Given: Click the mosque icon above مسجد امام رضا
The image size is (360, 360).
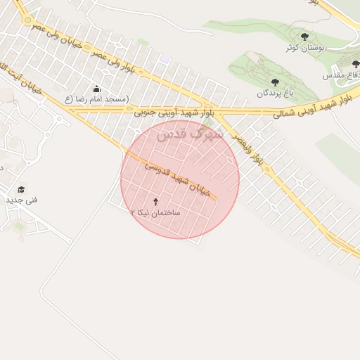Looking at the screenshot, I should click(96, 89).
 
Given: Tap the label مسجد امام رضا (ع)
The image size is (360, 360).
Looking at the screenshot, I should click(97, 99).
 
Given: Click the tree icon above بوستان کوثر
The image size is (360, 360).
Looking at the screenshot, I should click(304, 37).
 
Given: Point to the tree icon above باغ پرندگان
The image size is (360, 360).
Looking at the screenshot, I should click(274, 82).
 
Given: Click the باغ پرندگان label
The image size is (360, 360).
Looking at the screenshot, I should click(274, 93).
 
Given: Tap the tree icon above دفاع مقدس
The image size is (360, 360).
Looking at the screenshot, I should click(355, 64).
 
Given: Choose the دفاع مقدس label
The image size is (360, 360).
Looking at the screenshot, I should click(342, 75).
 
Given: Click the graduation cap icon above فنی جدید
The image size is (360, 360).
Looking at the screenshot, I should click(21, 190).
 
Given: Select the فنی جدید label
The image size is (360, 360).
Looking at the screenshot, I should click(22, 200).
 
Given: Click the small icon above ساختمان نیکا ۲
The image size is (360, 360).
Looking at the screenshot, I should click(155, 202).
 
